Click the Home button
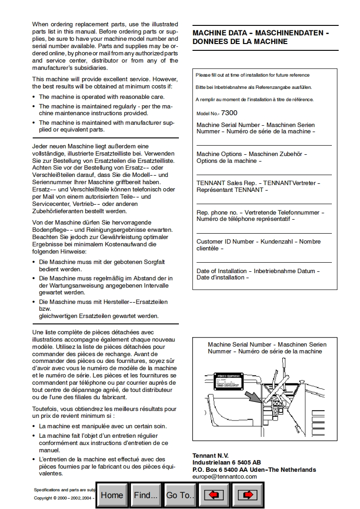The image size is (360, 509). click(112, 495)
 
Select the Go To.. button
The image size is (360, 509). click(180, 495)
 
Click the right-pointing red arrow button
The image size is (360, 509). click(247, 495)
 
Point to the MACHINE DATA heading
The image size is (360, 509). click(261, 37)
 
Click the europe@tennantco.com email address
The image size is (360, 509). click(225, 476)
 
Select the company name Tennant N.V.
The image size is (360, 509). click(211, 455)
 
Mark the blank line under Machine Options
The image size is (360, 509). click(264, 175)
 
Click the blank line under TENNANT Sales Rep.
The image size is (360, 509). click(264, 204)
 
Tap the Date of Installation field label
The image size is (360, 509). click(258, 274)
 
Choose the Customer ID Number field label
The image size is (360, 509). click(257, 245)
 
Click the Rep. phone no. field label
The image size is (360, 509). click(260, 215)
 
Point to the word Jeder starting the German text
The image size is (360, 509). click(41, 146)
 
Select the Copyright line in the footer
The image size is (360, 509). click(64, 498)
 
